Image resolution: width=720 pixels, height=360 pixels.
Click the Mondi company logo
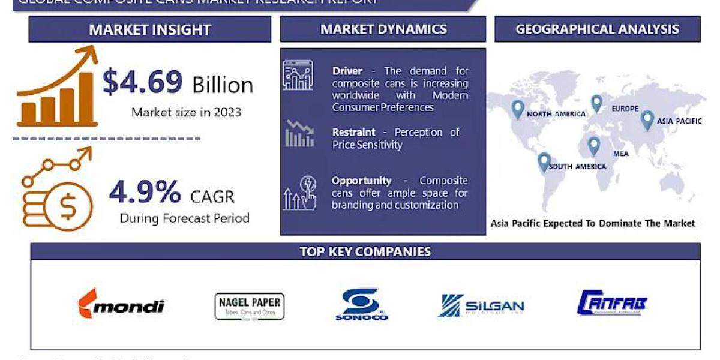[x=121, y=305]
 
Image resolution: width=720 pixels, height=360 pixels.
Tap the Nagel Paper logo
[x=250, y=306]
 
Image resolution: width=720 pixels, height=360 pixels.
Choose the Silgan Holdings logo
[x=481, y=306]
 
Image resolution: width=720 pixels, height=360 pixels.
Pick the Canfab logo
[x=612, y=304]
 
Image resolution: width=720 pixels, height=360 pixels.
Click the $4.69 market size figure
[x=142, y=82]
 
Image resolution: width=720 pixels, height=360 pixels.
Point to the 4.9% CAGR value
[x=145, y=192]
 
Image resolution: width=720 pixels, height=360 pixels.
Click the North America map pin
[x=517, y=109]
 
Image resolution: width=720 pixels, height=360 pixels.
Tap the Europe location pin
[x=596, y=103]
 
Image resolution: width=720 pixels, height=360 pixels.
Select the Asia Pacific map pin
[x=647, y=119]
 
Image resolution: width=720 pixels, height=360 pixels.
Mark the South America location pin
[x=544, y=162]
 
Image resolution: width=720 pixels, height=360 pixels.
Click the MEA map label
[x=621, y=154]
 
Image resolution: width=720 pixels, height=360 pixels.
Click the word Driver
[x=347, y=71]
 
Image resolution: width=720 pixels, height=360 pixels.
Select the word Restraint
[x=353, y=132]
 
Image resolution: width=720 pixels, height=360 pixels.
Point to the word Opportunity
[x=361, y=181]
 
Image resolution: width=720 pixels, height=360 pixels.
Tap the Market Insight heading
[x=149, y=29]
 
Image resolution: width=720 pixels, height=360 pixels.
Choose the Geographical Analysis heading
[x=597, y=29]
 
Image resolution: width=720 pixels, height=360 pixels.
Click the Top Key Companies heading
[x=365, y=251]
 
